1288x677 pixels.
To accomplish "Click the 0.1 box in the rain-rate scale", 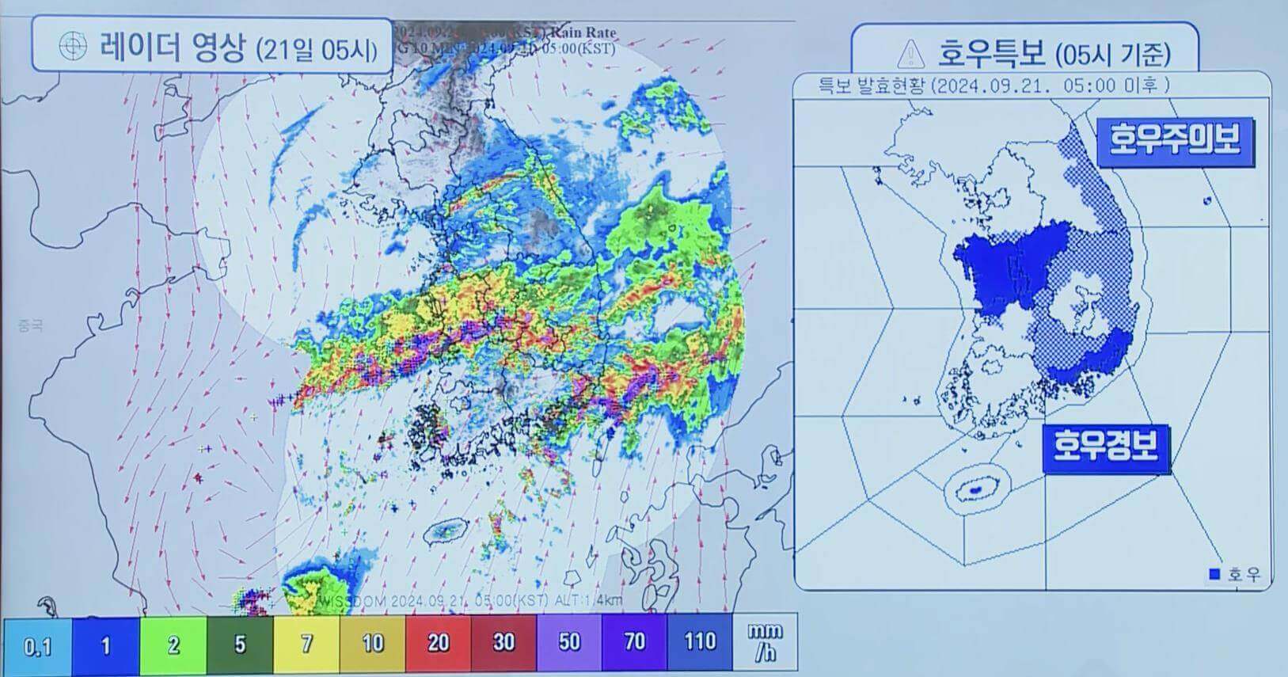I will (37, 645).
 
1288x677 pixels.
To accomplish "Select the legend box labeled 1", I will (106, 645).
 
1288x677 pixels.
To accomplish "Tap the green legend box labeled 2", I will (173, 645).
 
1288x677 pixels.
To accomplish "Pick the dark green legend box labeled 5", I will (240, 645).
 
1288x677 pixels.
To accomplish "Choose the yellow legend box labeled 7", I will (306, 645).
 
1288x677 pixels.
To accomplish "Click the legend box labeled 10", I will (372, 645).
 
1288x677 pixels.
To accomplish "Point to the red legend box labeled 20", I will (438, 645).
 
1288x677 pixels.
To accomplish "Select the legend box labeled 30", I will (503, 645).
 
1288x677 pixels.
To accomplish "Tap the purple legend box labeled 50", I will (569, 645).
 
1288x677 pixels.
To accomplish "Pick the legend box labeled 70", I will (634, 645).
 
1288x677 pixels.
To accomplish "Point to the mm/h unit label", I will (766, 642).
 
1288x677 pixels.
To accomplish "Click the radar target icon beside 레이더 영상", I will (73, 48).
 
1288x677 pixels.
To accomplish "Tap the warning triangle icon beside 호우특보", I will (912, 53).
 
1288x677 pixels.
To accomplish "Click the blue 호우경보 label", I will (1105, 446).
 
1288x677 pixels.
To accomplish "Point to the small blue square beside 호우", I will (1214, 574).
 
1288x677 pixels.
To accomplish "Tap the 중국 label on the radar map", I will (29, 325).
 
